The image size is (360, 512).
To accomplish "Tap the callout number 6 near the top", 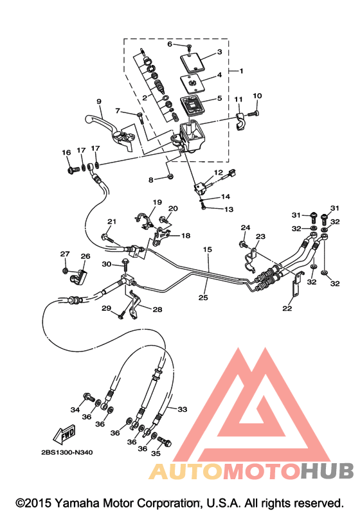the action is point(170,44).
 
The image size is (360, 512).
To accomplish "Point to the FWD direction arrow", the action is point(65,434).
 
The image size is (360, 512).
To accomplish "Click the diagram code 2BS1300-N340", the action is point(67,452).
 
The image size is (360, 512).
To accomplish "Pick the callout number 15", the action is point(208,249).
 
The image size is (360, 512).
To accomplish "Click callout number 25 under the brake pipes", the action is point(203,297).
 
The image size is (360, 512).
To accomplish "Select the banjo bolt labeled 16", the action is point(73,170).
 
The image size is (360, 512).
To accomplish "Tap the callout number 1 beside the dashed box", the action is point(242,71).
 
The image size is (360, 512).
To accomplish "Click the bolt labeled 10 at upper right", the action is point(253,114).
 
